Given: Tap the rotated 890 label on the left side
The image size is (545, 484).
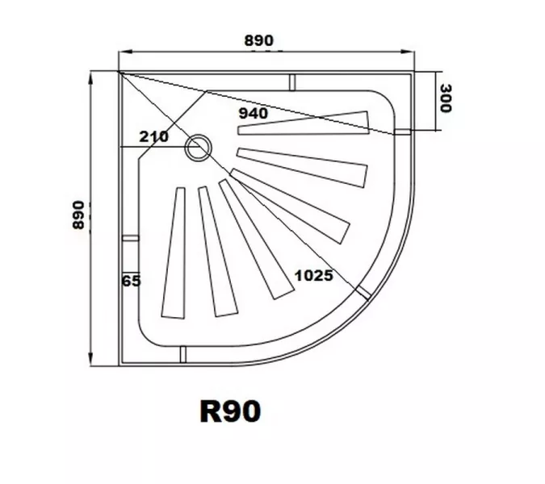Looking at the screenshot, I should (78, 215).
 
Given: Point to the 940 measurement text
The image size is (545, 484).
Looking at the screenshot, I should (253, 114).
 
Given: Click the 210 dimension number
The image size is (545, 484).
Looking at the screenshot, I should (153, 137).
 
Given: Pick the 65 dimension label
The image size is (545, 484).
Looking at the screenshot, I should (132, 281).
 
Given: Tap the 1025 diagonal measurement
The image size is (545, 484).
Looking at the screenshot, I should (313, 275).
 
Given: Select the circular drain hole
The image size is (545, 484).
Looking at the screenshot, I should (198, 148).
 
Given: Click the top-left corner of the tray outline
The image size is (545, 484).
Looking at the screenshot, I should (119, 73).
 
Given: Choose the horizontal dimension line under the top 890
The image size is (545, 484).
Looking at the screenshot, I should (266, 52).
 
